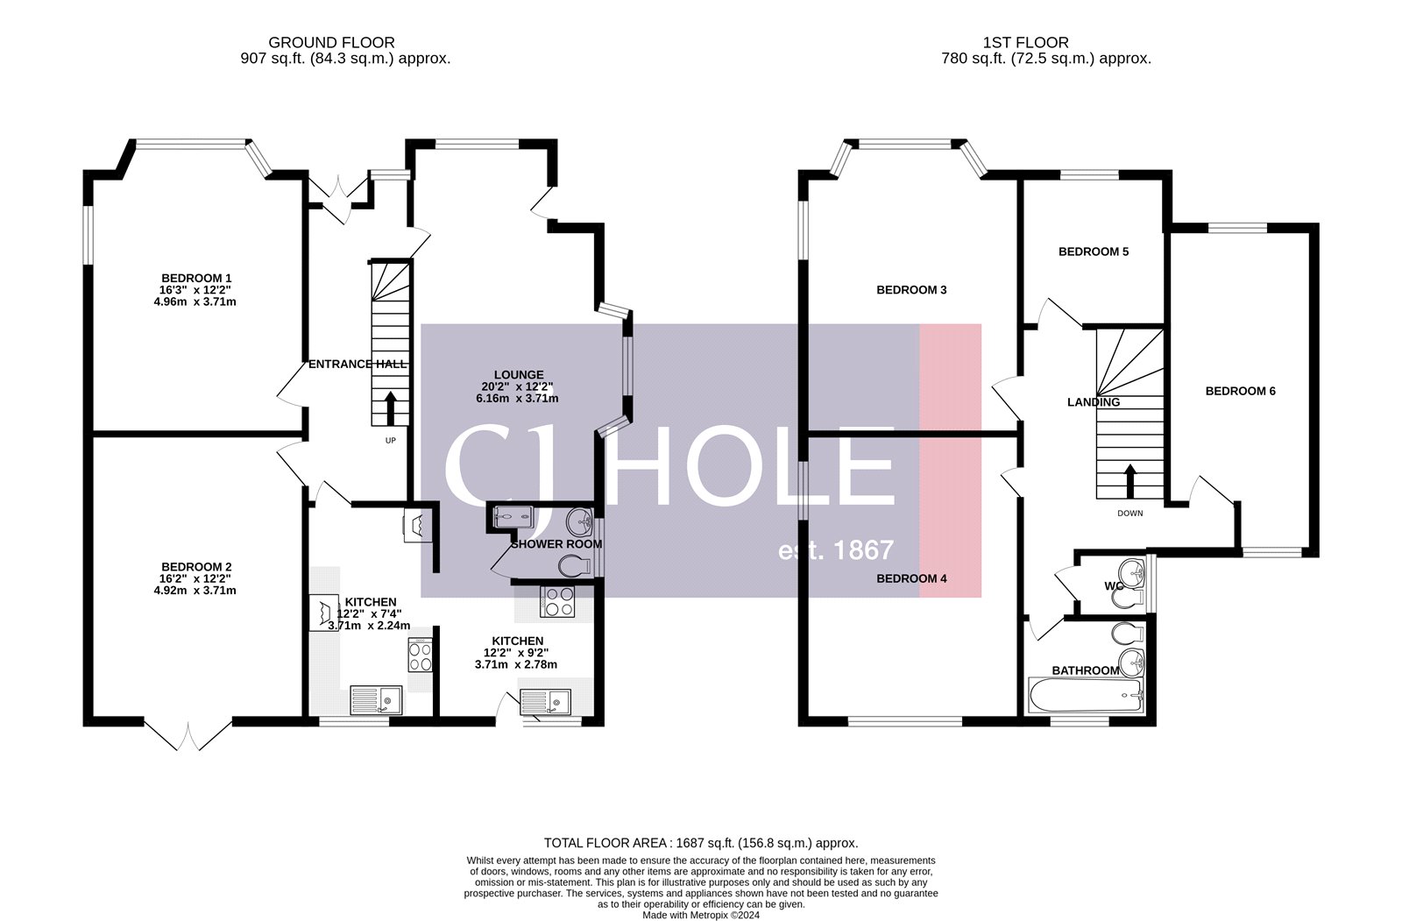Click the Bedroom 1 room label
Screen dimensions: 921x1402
(x=196, y=278)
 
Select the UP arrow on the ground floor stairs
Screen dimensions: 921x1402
(x=390, y=409)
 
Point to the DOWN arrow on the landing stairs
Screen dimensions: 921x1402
(x=1129, y=481)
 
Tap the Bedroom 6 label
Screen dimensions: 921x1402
(x=1240, y=391)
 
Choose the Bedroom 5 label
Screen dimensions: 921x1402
(x=1094, y=252)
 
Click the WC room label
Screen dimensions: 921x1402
(x=1114, y=585)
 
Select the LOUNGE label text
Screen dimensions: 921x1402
(x=519, y=374)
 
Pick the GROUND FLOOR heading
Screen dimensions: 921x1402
(x=331, y=42)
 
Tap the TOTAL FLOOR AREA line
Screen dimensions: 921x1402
(x=701, y=843)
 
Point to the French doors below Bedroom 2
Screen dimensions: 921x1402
(x=188, y=734)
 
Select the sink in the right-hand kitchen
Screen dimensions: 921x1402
(x=545, y=701)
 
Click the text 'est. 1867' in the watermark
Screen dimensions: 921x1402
(x=836, y=550)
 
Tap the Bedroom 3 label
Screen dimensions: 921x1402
(x=911, y=290)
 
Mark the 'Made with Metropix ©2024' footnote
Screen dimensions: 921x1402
(x=701, y=915)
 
